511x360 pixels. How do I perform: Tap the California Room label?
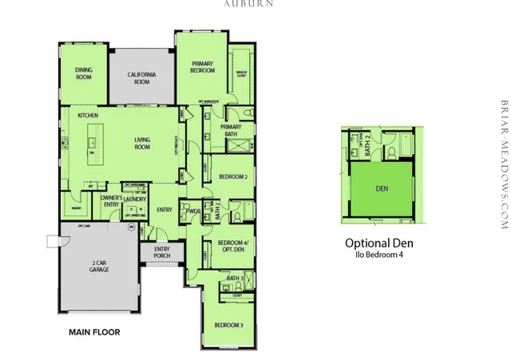tap(141, 77)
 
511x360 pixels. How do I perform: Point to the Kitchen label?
tap(88, 116)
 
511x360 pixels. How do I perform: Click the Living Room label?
tap(142, 143)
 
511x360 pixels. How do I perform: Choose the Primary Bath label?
tap(231, 130)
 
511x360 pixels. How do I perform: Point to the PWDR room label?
tap(192, 211)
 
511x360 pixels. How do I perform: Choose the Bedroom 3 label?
tap(228, 325)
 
